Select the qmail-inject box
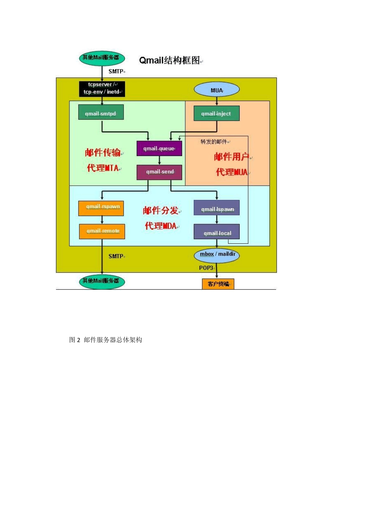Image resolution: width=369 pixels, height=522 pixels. tap(216, 113)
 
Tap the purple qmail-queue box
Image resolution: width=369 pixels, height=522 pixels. tap(159, 148)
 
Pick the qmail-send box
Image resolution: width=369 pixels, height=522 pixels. tap(159, 172)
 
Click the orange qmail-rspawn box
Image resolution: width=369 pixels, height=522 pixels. tap(101, 208)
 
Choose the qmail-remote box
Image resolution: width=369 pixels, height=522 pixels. tap(102, 231)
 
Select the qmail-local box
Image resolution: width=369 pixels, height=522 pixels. tap(216, 232)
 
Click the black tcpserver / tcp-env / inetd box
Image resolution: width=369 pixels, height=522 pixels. tap(102, 89)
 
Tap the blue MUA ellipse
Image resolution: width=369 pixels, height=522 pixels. tap(216, 90)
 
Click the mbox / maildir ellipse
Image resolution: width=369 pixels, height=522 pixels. tap(217, 255)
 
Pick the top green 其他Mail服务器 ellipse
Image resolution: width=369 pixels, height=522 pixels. tap(102, 58)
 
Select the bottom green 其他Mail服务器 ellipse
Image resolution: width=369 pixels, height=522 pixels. tap(102, 281)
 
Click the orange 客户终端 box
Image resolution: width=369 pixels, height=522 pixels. tap(218, 284)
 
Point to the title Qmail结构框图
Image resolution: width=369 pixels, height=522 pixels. tap(170, 60)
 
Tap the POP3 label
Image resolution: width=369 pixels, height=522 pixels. tap(206, 268)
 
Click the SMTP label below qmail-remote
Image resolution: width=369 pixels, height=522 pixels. tap(116, 256)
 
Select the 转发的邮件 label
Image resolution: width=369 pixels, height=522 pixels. tap(214, 142)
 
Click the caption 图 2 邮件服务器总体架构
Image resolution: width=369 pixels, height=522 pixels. tap(106, 340)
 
